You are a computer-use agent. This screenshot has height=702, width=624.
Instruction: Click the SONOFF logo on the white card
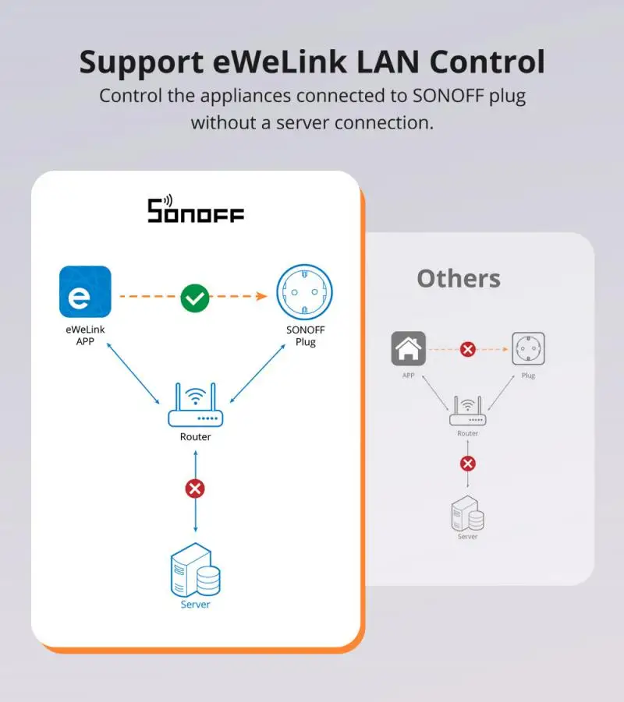196,209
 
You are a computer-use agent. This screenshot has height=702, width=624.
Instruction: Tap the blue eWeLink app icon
85,291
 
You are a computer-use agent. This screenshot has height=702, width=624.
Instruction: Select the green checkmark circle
194,298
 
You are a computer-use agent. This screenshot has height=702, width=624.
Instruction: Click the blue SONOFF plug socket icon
304,292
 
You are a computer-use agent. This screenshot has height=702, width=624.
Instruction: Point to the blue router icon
196,404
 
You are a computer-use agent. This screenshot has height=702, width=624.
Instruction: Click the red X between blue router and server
195,489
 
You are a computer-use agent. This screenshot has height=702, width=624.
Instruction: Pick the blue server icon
196,570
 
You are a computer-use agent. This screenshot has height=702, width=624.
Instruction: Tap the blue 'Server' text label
195,605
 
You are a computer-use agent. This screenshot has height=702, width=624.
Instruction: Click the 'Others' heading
459,278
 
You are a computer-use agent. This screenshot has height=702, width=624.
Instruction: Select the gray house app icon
409,349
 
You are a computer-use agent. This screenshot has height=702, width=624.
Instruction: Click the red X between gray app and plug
468,349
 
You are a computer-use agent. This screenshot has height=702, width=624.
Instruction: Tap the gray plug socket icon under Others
529,349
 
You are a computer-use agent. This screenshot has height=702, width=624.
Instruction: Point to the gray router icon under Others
467,411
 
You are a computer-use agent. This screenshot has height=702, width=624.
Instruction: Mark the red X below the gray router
468,464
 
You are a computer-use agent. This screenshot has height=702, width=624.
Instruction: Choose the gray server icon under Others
467,513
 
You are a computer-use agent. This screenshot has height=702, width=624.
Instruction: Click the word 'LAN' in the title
388,62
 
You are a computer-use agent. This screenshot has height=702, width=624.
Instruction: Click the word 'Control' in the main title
487,62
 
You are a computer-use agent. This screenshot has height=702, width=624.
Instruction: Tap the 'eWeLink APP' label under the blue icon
85,335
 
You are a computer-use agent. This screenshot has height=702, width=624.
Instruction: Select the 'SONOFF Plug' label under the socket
305,336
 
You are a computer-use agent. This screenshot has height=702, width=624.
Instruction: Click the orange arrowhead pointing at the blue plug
262,296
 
